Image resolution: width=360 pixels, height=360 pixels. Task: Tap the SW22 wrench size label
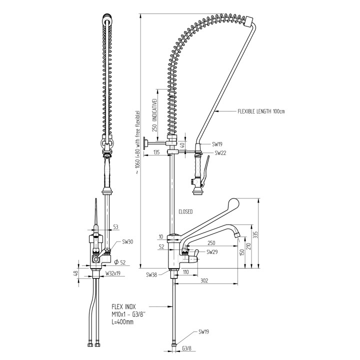[x=221, y=153]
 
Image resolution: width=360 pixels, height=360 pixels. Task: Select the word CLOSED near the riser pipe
[x=186, y=211]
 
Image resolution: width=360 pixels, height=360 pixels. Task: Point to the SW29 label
[x=212, y=252]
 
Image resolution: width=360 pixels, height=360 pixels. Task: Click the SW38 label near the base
[x=152, y=274]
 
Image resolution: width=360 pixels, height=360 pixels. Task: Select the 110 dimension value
[x=185, y=272]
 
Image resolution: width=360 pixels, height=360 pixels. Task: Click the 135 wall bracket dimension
[x=156, y=152]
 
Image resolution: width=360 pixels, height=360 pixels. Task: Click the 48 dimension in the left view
[x=76, y=273]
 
